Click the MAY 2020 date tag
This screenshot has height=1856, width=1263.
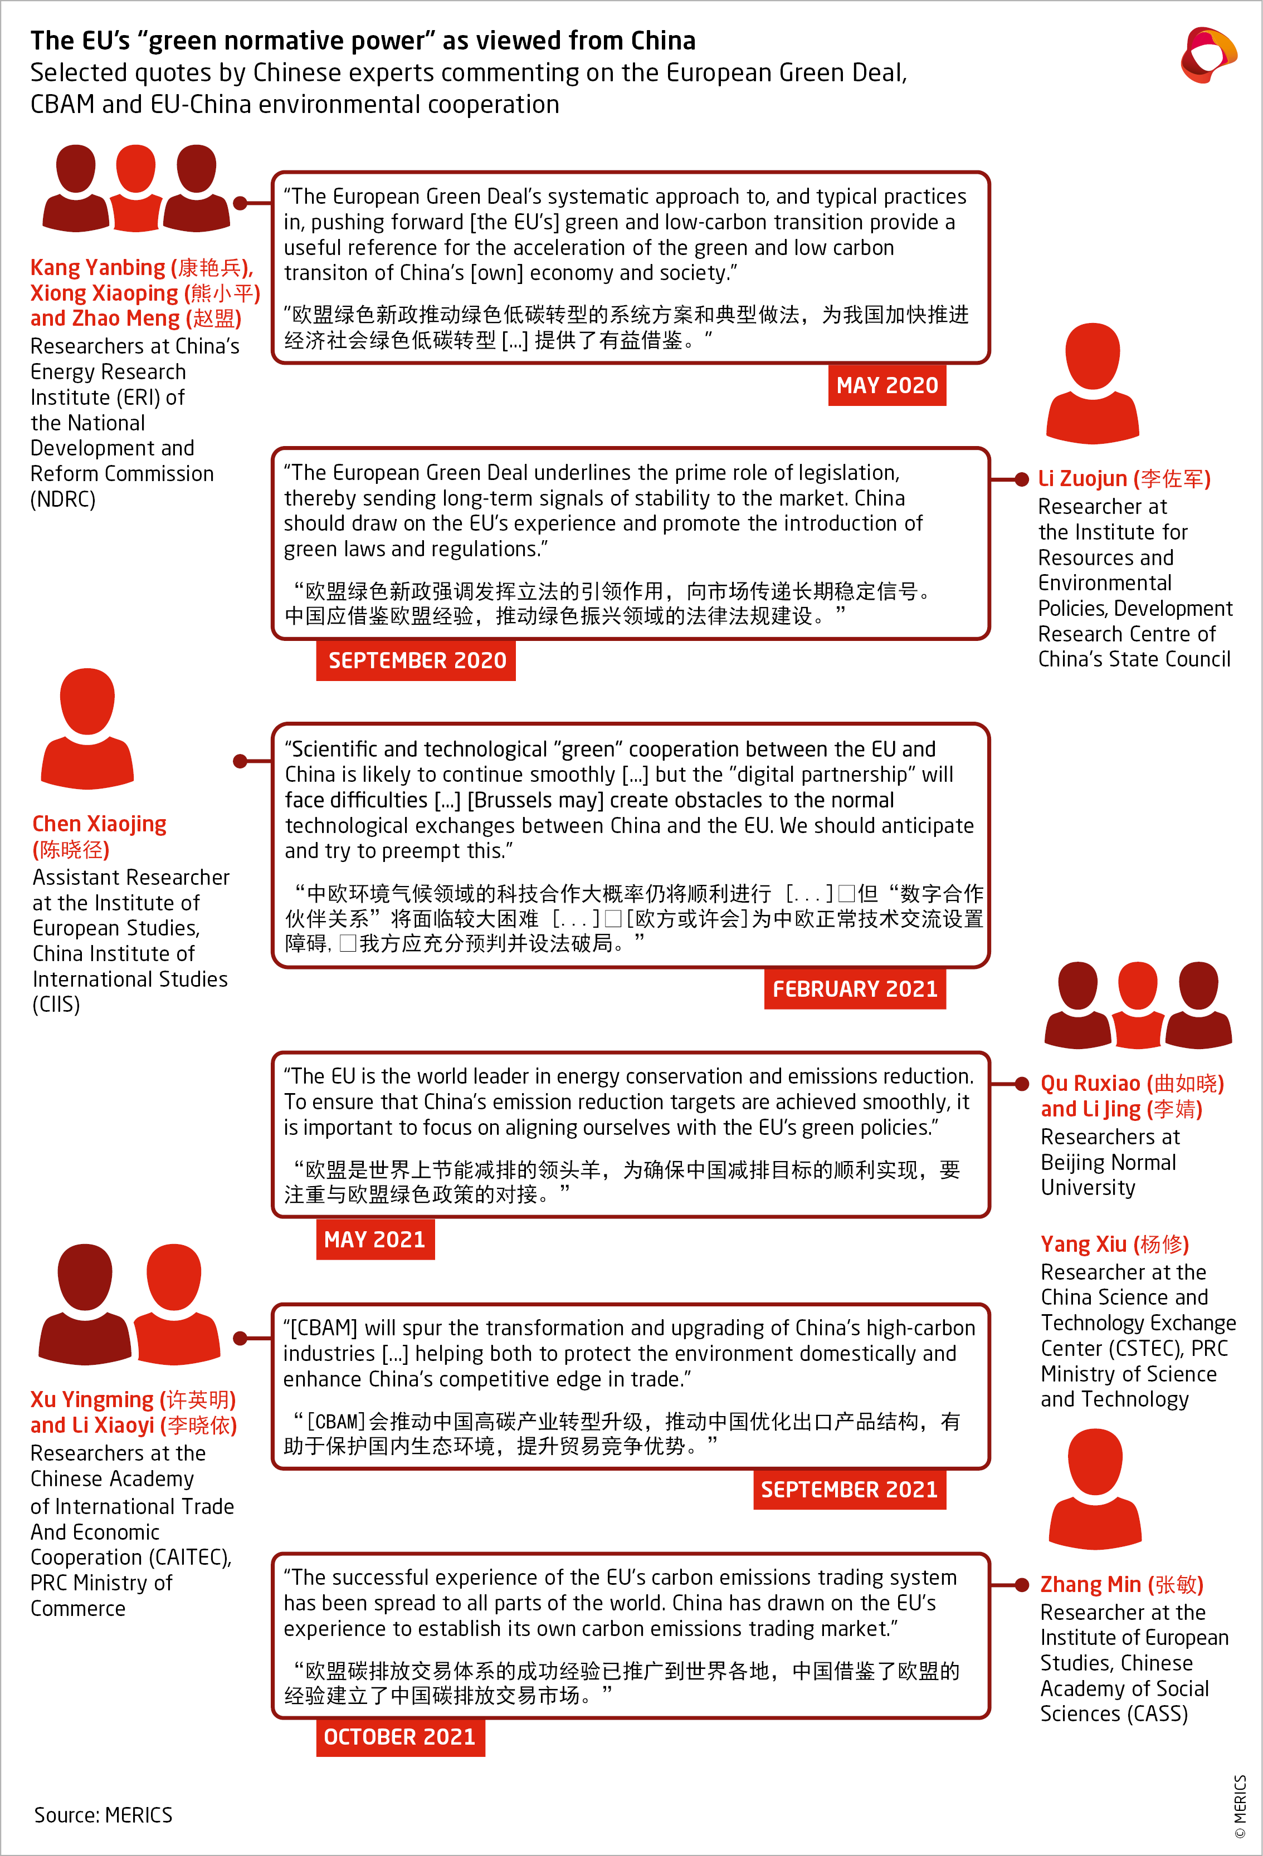point(887,386)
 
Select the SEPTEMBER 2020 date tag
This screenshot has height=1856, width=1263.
point(416,660)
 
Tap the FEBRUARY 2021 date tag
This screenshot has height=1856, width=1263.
point(855,988)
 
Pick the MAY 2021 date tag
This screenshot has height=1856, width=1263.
point(375,1240)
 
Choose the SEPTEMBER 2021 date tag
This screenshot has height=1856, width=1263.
point(849,1490)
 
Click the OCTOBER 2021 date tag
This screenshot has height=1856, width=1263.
point(399,1737)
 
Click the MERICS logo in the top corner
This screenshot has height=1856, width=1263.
point(1208,55)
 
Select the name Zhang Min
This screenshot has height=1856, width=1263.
point(1090,1584)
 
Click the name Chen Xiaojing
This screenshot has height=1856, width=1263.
point(99,824)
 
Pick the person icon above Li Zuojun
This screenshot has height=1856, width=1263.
point(1092,383)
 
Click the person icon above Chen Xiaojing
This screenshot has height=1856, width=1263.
point(87,728)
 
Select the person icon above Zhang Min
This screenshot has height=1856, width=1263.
point(1094,1490)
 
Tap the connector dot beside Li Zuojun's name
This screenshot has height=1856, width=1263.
point(1021,479)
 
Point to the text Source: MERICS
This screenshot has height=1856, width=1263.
point(103,1815)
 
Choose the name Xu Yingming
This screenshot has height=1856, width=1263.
point(92,1399)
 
